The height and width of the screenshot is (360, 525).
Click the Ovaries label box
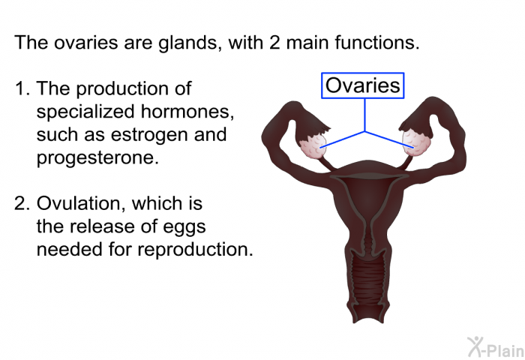[362, 85]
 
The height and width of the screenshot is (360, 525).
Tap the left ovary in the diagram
[313, 146]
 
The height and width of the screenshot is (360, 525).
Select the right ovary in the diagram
[416, 143]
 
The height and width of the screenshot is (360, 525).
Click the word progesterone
[97, 157]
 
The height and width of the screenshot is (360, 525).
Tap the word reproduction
[195, 249]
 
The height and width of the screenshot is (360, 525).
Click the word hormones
[187, 111]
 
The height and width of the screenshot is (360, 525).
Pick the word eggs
[184, 228]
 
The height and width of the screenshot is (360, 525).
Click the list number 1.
[22, 88]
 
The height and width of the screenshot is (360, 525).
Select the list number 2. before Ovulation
[22, 203]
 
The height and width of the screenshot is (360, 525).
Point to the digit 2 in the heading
[274, 43]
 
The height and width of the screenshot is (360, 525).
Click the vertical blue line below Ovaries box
[364, 115]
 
